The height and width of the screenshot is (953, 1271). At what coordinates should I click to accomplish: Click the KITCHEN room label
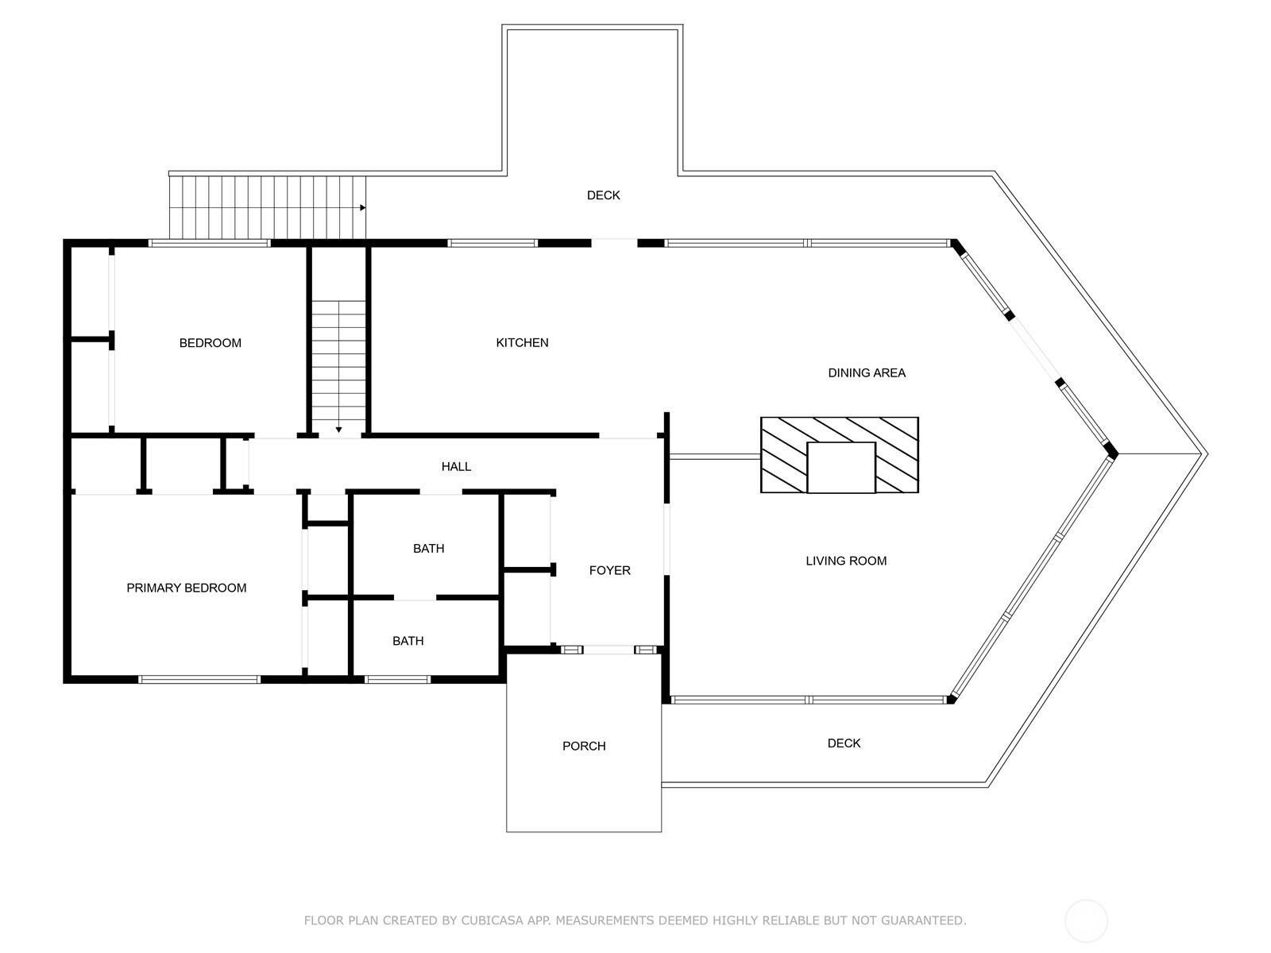[x=522, y=342]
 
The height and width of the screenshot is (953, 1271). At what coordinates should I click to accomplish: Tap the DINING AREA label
[x=866, y=373]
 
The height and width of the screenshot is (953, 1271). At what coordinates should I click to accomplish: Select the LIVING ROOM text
[x=846, y=561]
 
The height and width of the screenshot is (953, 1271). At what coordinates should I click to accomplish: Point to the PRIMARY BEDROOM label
[x=187, y=588]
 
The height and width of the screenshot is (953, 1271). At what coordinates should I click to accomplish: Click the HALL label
[x=456, y=466]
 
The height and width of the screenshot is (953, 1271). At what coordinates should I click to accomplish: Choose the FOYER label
[x=610, y=570]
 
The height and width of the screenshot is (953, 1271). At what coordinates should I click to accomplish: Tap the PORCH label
[x=584, y=747]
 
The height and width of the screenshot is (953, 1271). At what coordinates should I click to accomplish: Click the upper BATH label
[x=428, y=549]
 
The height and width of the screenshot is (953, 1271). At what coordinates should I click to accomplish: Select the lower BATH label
[x=408, y=641]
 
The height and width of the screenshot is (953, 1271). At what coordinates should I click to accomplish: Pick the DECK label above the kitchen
[x=604, y=195]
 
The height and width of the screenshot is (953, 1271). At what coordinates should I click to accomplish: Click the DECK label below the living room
[x=844, y=743]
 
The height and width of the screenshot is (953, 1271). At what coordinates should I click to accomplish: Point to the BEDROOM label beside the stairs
[x=211, y=343]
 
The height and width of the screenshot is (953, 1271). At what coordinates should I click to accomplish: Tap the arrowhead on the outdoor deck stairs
[x=363, y=208]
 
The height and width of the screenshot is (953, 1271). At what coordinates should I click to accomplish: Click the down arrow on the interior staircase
[x=338, y=430]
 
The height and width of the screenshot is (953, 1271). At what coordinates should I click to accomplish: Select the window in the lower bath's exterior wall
[x=397, y=679]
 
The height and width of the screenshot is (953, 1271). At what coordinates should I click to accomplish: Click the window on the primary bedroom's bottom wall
[x=199, y=679]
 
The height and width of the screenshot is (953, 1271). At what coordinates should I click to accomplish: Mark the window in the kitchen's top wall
[x=493, y=243]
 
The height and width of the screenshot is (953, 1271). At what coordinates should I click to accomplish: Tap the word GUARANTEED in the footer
[x=923, y=920]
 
